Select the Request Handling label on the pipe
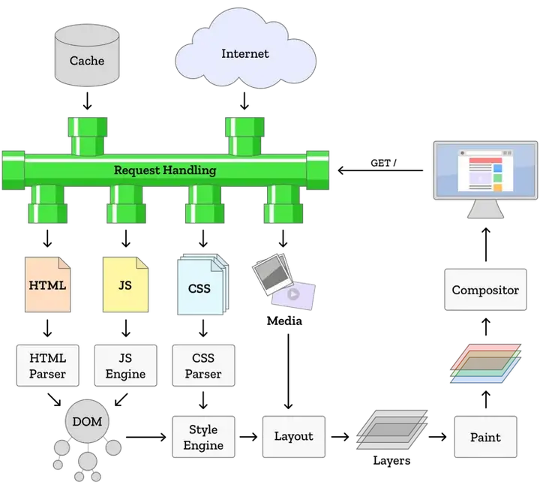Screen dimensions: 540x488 (x=165, y=170)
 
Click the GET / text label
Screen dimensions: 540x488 (x=383, y=163)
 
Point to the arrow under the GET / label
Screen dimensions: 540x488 (x=380, y=170)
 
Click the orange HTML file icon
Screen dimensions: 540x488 (x=47, y=285)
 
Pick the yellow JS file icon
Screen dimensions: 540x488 (x=126, y=285)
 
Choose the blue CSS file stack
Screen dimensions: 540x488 (x=202, y=285)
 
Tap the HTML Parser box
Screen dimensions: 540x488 (x=47, y=366)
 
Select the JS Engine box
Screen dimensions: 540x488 (x=126, y=366)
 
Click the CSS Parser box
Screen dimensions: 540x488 (x=203, y=366)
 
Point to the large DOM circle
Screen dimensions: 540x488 (x=87, y=421)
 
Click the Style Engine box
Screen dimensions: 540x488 (x=203, y=437)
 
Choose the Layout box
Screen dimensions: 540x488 (x=294, y=437)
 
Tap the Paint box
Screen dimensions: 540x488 (x=485, y=437)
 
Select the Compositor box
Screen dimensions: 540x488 (x=485, y=290)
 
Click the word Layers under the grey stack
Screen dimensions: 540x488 (x=391, y=461)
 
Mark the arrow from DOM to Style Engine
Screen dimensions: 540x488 (x=146, y=437)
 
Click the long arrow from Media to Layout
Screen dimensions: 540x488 (x=288, y=372)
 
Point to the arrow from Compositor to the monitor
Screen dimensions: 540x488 (x=486, y=244)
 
